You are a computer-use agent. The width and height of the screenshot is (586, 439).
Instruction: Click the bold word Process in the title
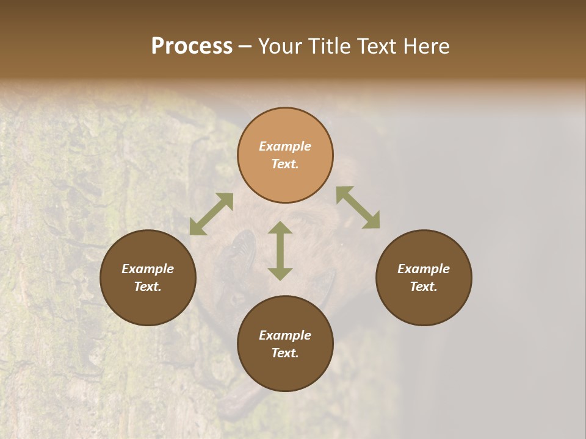click(x=192, y=46)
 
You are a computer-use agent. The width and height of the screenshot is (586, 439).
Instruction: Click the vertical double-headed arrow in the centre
click(x=280, y=251)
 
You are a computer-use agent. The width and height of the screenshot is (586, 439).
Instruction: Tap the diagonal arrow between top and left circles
click(x=211, y=214)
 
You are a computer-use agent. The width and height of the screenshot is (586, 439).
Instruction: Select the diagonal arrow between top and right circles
click(x=358, y=207)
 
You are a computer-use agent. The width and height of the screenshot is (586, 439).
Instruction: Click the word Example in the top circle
click(x=285, y=146)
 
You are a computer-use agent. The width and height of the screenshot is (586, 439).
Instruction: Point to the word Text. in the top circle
click(x=285, y=164)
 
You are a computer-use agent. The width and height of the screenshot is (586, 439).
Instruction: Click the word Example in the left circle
click(x=148, y=269)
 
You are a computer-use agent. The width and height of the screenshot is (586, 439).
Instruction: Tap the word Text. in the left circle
click(x=148, y=287)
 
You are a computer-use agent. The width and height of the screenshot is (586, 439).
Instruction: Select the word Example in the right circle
click(x=424, y=269)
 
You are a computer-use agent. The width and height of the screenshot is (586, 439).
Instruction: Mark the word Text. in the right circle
click(x=424, y=287)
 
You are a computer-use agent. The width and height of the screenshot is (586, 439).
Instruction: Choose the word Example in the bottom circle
click(x=285, y=335)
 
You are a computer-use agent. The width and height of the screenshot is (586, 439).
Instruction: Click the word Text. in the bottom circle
click(x=285, y=353)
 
